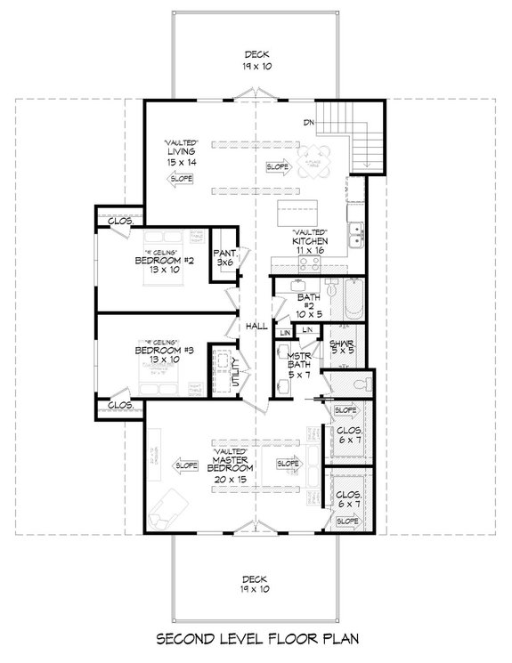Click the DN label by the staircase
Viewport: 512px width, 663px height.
click(x=308, y=122)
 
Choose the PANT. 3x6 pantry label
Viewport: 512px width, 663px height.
click(x=223, y=258)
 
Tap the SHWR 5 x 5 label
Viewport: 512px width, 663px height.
click(x=342, y=347)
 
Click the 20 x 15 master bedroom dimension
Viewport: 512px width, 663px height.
click(x=232, y=479)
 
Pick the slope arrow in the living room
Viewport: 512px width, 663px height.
click(x=181, y=179)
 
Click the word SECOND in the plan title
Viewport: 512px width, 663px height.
click(x=186, y=640)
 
